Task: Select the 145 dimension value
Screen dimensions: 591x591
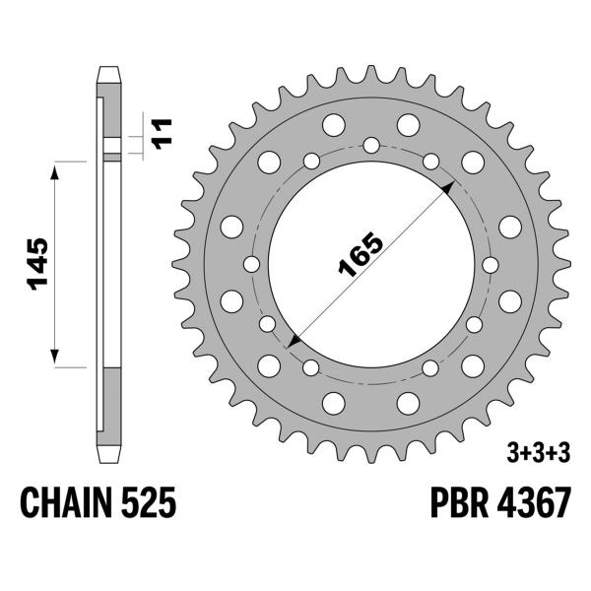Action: point(35,264)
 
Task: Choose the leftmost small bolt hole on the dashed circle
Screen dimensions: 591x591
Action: point(251,264)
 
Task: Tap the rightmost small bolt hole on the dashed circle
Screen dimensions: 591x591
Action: point(491,264)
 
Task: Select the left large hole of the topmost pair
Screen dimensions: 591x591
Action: point(334,124)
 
